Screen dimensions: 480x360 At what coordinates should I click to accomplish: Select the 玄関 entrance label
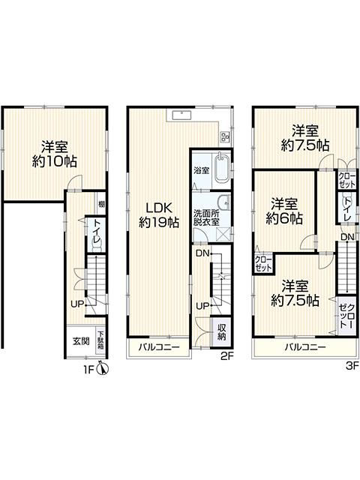point(81,340)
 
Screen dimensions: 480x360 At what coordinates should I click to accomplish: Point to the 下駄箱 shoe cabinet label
point(100,339)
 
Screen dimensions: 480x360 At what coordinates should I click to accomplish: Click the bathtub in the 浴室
point(220,173)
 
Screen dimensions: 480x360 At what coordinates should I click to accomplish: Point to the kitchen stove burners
point(223,136)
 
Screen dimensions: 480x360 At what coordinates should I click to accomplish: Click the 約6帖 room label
point(285,211)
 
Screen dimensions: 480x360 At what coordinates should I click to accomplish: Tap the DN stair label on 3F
point(346,238)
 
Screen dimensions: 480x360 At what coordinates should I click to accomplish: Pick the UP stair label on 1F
point(76,304)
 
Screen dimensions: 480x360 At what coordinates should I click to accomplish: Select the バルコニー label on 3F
point(304,348)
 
